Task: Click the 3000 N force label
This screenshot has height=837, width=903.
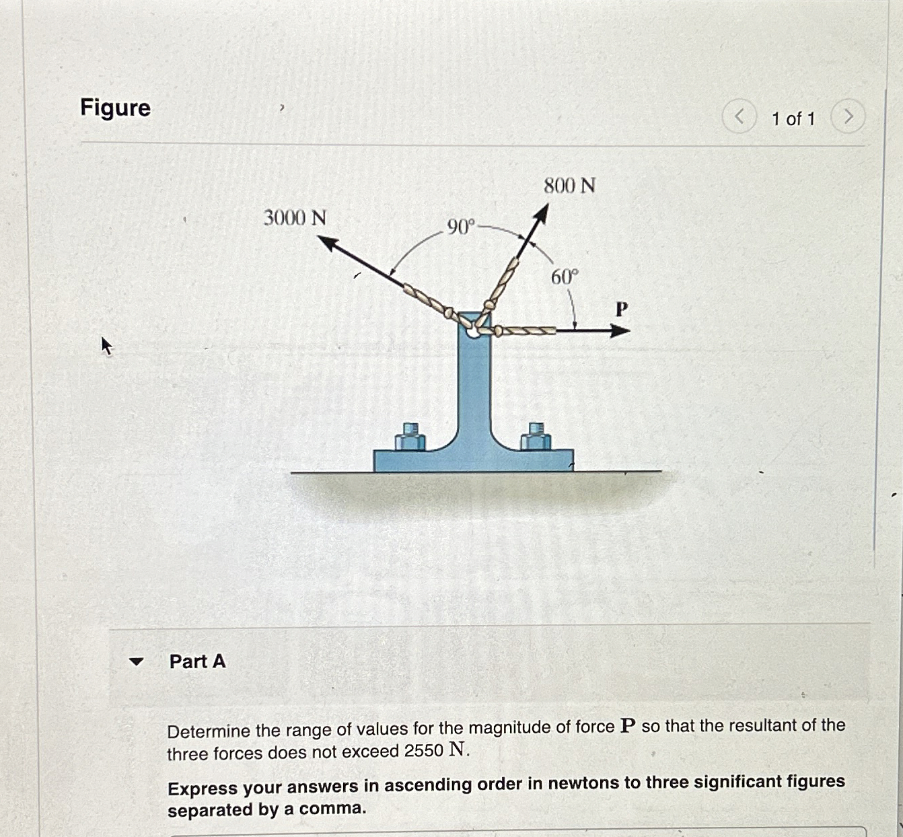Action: click(x=295, y=218)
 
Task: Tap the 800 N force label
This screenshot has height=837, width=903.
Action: click(x=569, y=185)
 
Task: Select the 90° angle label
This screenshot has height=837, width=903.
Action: click(x=461, y=227)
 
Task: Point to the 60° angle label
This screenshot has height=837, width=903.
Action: click(x=564, y=277)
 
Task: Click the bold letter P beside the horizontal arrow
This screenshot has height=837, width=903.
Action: click(x=622, y=309)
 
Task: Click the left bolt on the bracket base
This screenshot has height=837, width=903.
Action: click(x=410, y=437)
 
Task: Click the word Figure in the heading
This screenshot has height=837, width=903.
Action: click(x=115, y=108)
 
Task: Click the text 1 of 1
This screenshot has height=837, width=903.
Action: click(x=793, y=119)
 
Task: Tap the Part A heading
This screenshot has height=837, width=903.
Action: click(x=197, y=661)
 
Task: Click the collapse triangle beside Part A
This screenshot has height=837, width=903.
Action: click(x=137, y=661)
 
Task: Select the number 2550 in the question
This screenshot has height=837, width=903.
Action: click(x=424, y=751)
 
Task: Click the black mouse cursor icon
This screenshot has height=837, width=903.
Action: click(x=106, y=346)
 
